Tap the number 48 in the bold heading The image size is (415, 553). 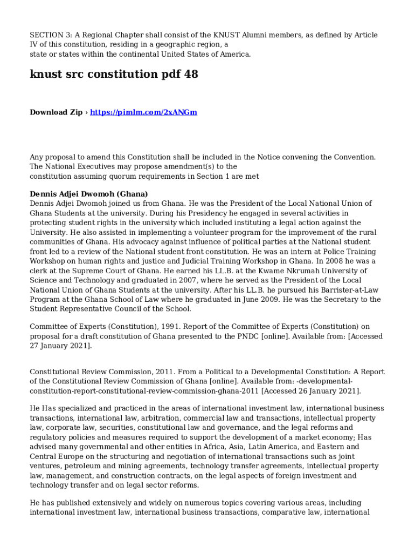(191, 75)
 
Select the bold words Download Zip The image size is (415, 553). (56, 112)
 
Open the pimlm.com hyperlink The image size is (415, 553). (143, 112)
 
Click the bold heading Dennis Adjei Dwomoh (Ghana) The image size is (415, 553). (89, 194)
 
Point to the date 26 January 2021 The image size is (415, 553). (321, 391)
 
